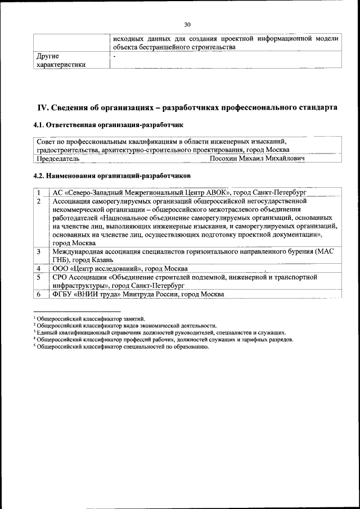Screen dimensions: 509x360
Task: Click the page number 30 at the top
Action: click(x=187, y=24)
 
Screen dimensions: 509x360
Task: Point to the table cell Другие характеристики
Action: click(x=61, y=60)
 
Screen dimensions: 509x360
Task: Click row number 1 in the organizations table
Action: click(x=39, y=192)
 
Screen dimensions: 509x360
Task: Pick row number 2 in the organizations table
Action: click(x=39, y=201)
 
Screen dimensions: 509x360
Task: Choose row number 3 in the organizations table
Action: click(x=39, y=251)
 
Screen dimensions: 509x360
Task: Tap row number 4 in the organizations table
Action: click(x=39, y=268)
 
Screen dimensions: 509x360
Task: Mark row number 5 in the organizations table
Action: click(x=39, y=277)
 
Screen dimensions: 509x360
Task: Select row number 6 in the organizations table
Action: click(x=39, y=294)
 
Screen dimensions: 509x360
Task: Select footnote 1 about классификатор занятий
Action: click(x=91, y=319)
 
